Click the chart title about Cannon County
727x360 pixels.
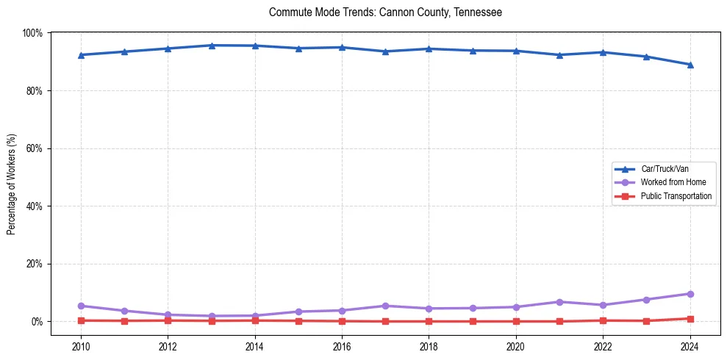tap(385, 12)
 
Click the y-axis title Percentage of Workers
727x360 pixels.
tap(11, 184)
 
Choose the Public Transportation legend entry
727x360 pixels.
tap(676, 196)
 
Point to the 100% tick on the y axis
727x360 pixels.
tap(32, 33)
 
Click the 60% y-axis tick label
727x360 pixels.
tap(34, 148)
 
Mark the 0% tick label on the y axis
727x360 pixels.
tap(36, 322)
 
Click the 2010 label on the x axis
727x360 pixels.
tap(81, 346)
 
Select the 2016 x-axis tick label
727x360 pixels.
tap(342, 346)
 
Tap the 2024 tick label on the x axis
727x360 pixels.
tap(690, 346)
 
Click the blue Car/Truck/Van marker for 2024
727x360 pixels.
tap(690, 65)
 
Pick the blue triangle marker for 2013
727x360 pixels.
tap(212, 46)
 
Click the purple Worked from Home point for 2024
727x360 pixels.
tap(690, 294)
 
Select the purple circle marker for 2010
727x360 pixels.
tap(81, 306)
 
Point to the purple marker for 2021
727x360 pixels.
tap(559, 302)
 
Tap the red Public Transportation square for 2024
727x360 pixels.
tap(690, 319)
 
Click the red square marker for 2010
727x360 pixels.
tap(81, 320)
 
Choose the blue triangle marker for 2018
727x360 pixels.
tap(429, 49)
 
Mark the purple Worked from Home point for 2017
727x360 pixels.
tap(385, 306)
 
